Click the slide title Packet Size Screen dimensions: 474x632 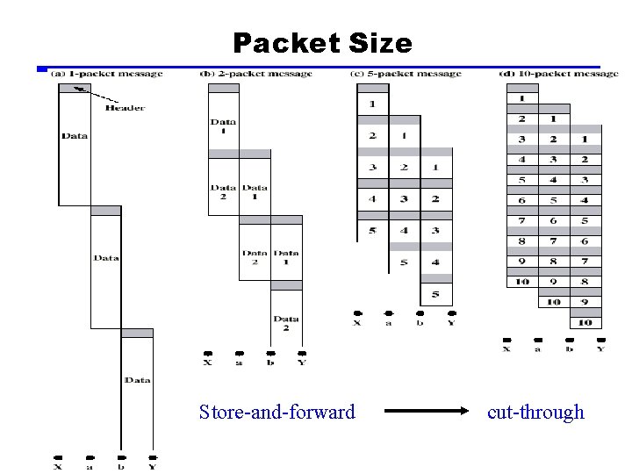click(322, 43)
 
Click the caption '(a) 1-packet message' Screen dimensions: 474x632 click(106, 74)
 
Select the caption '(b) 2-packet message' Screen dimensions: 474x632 click(256, 74)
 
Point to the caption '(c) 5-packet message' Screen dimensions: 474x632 click(406, 74)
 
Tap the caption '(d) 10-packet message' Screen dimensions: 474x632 click(557, 74)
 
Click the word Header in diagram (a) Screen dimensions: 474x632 click(125, 108)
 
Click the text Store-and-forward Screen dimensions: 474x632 click(277, 412)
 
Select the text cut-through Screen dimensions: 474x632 click(535, 412)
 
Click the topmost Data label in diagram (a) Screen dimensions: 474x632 click(75, 136)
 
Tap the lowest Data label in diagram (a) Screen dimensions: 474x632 click(137, 380)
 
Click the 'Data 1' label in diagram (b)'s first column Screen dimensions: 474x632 click(223, 126)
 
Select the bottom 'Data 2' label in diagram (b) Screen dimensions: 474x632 click(285, 323)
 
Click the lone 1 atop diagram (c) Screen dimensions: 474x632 click(372, 105)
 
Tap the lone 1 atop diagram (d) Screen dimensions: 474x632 click(522, 97)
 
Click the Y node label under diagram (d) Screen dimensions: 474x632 click(600, 349)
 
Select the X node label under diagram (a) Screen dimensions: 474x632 click(58, 467)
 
